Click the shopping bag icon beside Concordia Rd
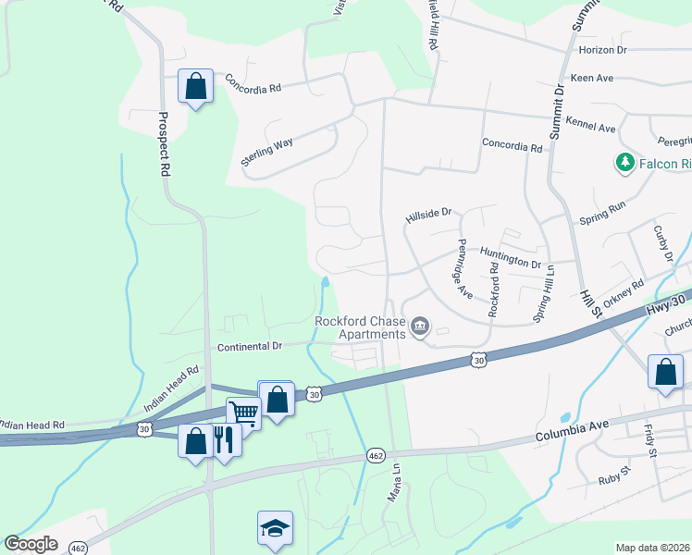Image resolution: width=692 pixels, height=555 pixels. [x=196, y=87]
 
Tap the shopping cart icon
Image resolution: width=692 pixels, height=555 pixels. [x=243, y=413]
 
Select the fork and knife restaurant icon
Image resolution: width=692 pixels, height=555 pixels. [x=224, y=439]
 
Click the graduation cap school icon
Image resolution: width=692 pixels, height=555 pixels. [x=275, y=528]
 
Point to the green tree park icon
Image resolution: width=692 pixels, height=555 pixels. [x=625, y=163]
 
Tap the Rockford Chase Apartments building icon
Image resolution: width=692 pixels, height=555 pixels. [x=420, y=326]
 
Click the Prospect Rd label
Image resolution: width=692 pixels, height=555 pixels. [x=164, y=144]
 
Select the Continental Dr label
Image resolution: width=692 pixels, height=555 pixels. [x=250, y=346]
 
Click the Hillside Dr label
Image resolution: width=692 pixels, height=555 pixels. [x=428, y=214]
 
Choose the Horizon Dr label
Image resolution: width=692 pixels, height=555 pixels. [x=602, y=49]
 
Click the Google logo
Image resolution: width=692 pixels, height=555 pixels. [x=31, y=544]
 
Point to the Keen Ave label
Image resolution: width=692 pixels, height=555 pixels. [x=593, y=78]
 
